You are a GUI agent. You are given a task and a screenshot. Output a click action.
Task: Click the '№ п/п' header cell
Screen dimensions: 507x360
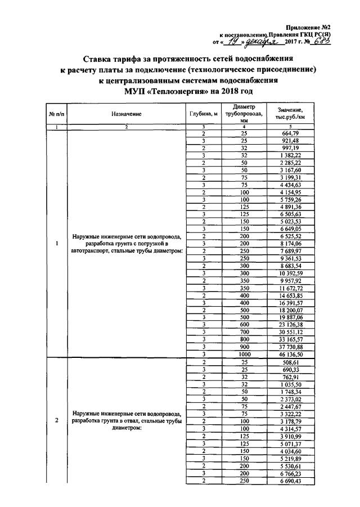pyautogui.click(x=57, y=114)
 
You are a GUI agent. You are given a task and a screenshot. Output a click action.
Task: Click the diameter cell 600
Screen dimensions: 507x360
pyautogui.click(x=243, y=325)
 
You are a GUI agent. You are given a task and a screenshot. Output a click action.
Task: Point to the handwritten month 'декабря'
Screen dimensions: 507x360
pyautogui.click(x=263, y=42)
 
